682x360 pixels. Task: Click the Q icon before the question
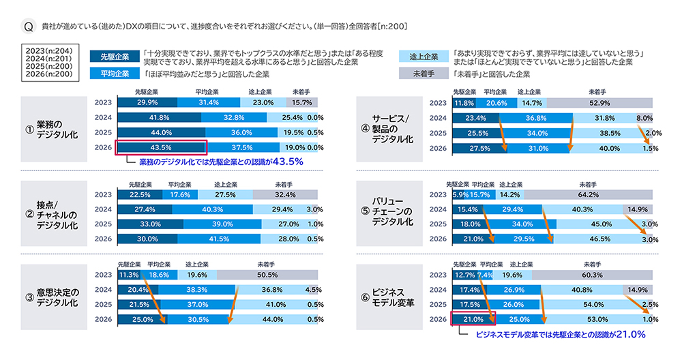point(29,27)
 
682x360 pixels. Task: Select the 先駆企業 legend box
point(114,56)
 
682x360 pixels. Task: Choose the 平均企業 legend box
point(114,74)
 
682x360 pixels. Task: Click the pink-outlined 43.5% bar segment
point(160,147)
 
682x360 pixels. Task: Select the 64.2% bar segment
point(589,194)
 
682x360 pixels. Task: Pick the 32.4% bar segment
point(285,194)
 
